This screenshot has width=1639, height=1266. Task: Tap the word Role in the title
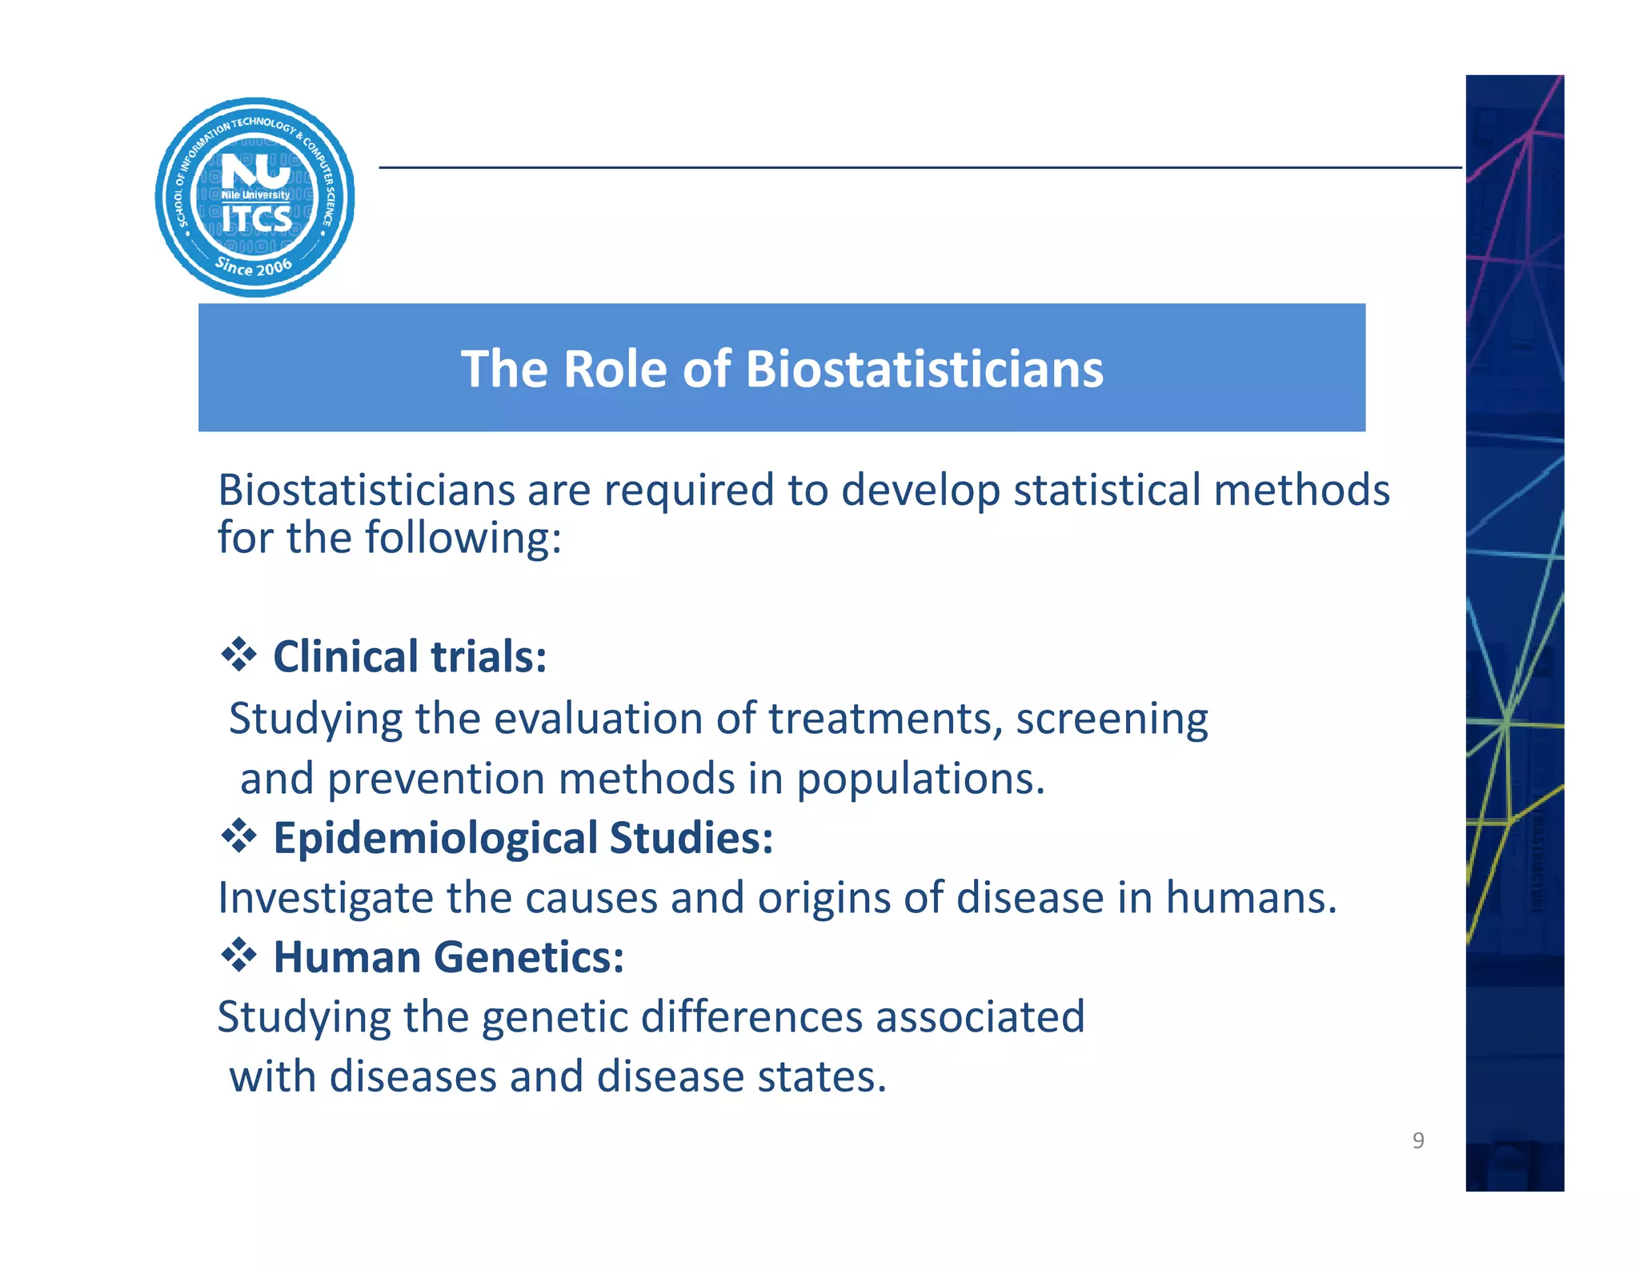(614, 370)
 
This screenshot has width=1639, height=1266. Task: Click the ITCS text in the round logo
(257, 219)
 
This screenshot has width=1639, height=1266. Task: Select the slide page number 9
(1418, 1140)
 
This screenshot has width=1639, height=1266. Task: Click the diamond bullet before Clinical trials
(238, 655)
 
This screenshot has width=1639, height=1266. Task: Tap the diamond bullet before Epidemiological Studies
(238, 837)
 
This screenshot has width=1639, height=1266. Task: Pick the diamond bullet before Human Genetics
(238, 956)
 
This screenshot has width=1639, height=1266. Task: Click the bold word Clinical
(346, 657)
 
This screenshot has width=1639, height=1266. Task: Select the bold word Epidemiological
(435, 839)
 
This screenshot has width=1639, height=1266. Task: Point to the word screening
(1112, 719)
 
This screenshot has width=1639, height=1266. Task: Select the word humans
(1250, 898)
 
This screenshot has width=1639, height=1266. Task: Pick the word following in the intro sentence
(463, 539)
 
